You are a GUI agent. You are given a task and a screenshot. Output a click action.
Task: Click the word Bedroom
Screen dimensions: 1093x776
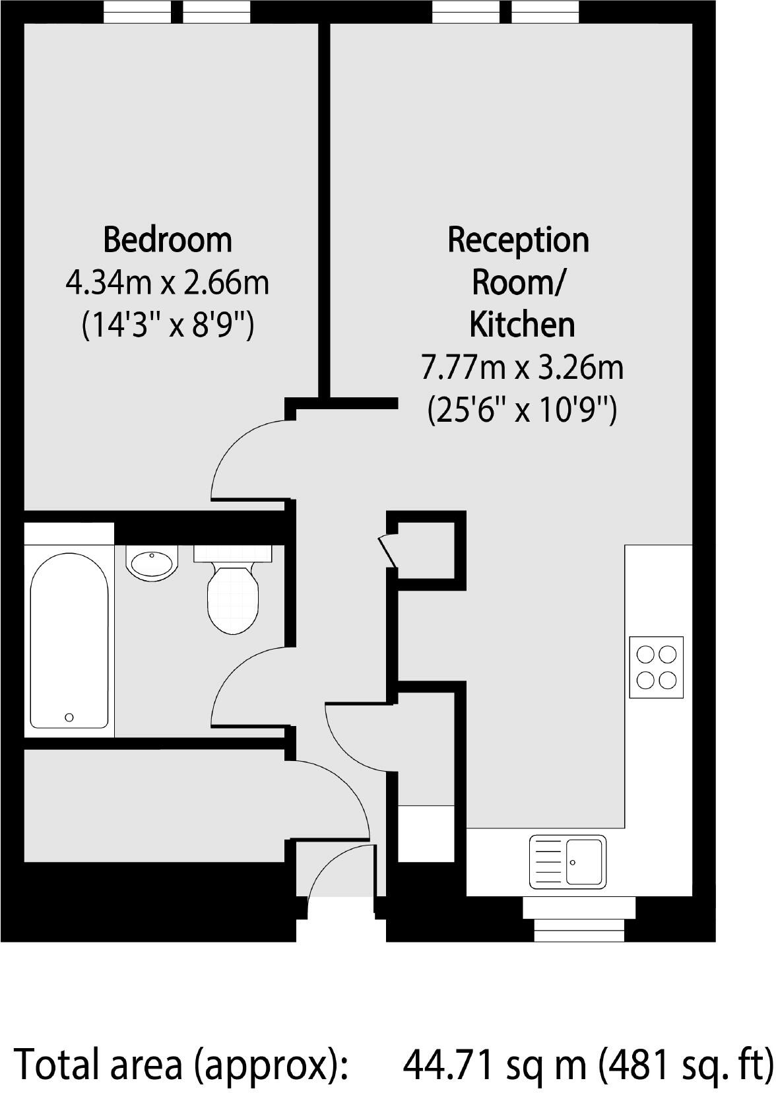click(168, 240)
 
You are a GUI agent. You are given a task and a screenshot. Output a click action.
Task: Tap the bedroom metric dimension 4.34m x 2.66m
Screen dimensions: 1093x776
click(168, 283)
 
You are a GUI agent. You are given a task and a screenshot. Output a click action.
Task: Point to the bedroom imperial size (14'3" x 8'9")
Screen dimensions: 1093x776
click(168, 325)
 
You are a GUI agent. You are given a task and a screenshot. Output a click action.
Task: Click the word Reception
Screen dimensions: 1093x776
click(519, 240)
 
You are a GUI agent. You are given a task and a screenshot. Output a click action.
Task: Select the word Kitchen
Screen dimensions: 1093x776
click(522, 325)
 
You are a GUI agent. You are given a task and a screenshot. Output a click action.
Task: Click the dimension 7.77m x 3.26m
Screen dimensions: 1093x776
click(522, 368)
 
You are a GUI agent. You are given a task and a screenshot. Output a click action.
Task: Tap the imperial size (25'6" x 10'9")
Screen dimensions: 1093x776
click(522, 410)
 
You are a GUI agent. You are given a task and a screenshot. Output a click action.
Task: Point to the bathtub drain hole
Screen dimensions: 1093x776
click(69, 717)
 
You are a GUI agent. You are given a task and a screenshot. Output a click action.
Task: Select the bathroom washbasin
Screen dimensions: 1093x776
click(152, 563)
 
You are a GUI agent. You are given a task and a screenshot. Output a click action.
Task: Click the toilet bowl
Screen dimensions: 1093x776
click(232, 598)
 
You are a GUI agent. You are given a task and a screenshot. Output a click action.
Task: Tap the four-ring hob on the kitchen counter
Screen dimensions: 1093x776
click(656, 667)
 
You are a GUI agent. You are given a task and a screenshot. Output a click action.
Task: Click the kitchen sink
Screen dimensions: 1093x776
click(567, 861)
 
